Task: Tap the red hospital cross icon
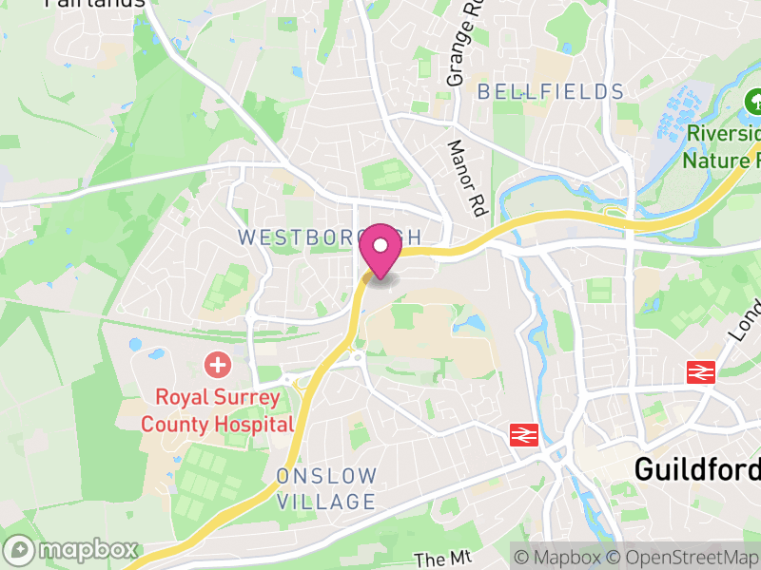[218, 364]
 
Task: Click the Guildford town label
[697, 468]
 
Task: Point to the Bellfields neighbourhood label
[551, 92]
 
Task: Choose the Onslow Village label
[327, 488]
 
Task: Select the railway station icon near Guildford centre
[524, 434]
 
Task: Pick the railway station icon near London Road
[701, 372]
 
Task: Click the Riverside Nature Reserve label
[721, 146]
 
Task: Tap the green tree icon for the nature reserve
[753, 101]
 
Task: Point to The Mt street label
[438, 560]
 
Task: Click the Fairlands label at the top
[95, 3]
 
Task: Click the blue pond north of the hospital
[134, 343]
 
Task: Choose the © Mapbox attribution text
[558, 557]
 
